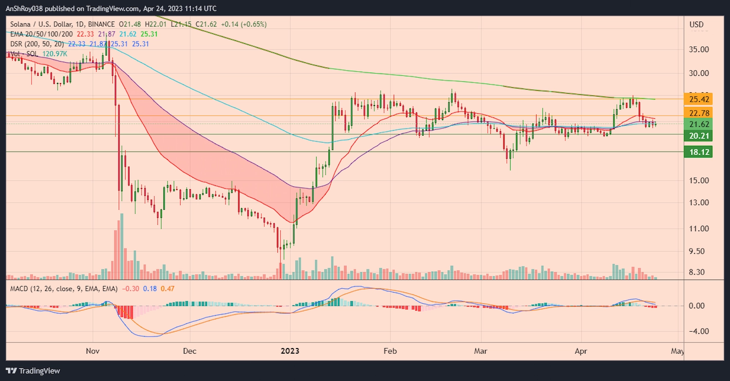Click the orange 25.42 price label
point(699,99)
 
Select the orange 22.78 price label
point(699,113)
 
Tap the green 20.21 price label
point(699,136)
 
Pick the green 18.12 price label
point(699,152)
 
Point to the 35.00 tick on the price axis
point(699,49)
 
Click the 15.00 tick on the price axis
point(699,180)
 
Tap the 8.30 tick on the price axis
point(697,272)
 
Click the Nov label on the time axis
point(93,351)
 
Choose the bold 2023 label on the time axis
point(290,351)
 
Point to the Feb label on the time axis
point(390,351)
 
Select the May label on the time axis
point(678,351)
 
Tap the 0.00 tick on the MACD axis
point(697,306)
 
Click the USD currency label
point(696,25)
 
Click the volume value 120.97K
point(55,54)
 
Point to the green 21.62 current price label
point(699,124)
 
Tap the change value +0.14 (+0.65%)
point(244,24)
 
